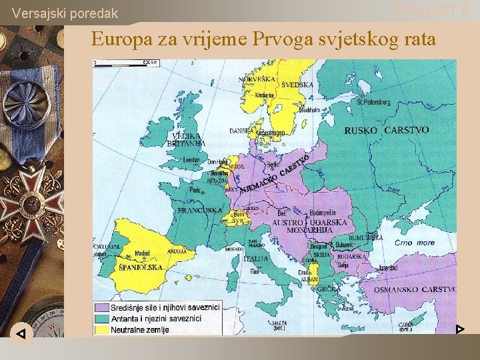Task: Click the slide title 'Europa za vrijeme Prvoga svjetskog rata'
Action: click(x=263, y=39)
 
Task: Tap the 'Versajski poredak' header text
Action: click(x=65, y=13)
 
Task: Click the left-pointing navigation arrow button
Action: click(x=21, y=333)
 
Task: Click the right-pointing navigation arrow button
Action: click(x=459, y=329)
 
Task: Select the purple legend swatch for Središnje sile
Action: click(x=101, y=308)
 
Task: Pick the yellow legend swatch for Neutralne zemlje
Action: click(x=101, y=329)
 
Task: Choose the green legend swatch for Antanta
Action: click(x=101, y=319)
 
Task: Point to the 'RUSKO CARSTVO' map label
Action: click(x=386, y=131)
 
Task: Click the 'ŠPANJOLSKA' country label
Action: click(x=140, y=267)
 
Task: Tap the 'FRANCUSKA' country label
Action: click(x=199, y=210)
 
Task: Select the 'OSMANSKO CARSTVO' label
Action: click(x=415, y=289)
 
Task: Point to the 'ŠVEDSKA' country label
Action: click(x=297, y=85)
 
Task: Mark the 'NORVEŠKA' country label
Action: click(x=257, y=79)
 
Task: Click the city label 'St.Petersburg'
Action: click(x=375, y=102)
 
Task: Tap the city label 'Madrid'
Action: click(x=142, y=253)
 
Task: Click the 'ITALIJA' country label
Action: click(x=256, y=258)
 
